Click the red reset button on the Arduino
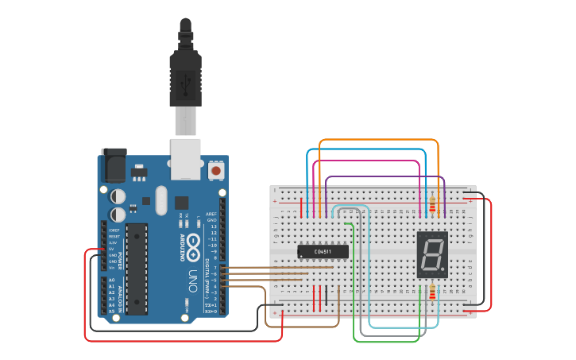[215, 170]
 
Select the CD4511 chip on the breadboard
[323, 252]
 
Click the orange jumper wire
[378, 141]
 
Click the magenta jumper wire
[365, 161]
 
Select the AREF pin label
[211, 214]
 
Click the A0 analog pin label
[112, 281]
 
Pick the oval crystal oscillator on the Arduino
[162, 200]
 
